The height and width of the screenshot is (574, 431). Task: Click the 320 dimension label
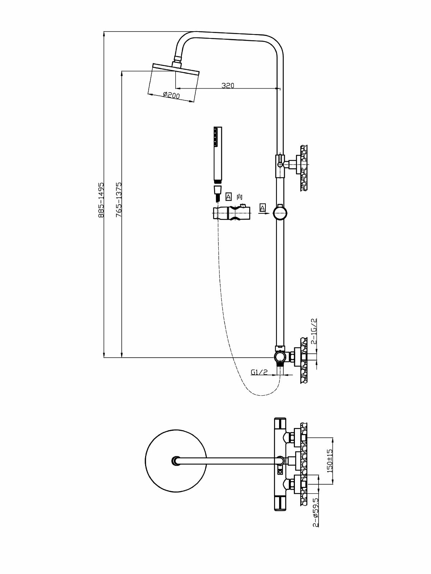coord(228,85)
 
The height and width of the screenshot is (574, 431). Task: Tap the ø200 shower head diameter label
coord(171,95)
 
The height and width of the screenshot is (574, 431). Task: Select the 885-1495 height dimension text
coord(101,200)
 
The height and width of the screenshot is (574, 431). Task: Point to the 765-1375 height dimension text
coord(119,200)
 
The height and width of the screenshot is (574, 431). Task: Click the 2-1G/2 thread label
coord(314,331)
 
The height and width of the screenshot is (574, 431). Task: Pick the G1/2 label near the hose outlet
coord(259,372)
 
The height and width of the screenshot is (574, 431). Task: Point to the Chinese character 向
coord(240,197)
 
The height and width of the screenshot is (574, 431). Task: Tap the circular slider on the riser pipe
coord(279,212)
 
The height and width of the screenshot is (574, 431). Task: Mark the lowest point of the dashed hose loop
coord(262,395)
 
